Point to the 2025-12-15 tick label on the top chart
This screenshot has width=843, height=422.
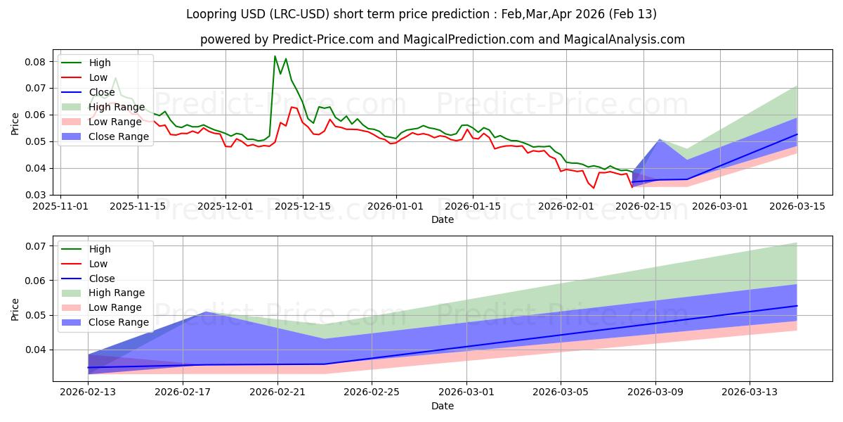(303, 206)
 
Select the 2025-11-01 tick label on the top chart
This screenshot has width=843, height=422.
(60, 206)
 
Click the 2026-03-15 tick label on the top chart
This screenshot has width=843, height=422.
(797, 206)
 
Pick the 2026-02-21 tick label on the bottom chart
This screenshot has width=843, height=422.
(277, 392)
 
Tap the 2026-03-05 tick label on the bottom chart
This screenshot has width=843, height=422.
(561, 392)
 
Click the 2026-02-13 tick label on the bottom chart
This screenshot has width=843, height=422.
(89, 392)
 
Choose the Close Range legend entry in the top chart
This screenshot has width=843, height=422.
(119, 136)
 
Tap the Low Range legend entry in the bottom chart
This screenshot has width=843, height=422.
(116, 307)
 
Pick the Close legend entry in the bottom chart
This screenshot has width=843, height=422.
(103, 279)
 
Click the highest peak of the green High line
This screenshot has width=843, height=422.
(275, 56)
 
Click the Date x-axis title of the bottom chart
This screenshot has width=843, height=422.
(443, 406)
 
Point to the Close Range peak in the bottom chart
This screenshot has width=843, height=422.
(206, 312)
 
